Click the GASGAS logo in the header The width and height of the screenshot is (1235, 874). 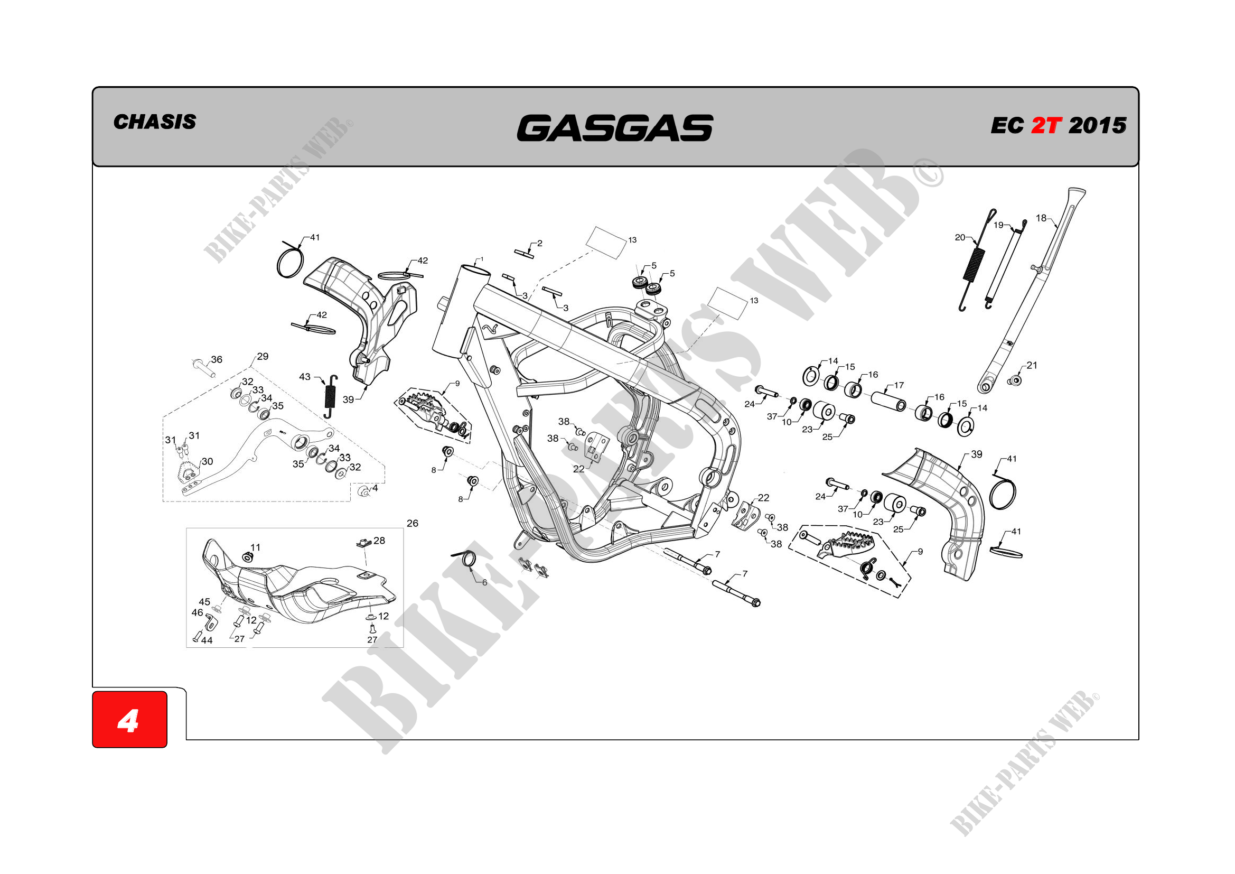pyautogui.click(x=615, y=128)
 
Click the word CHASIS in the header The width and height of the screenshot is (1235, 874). pyautogui.click(x=155, y=122)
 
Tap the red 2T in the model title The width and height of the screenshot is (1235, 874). pyautogui.click(x=1046, y=126)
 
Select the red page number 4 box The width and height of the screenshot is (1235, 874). pyautogui.click(x=129, y=720)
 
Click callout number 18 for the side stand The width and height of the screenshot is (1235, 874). pyautogui.click(x=1041, y=218)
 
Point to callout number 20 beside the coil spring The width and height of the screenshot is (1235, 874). pyautogui.click(x=960, y=237)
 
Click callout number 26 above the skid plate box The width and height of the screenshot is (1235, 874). pyautogui.click(x=413, y=523)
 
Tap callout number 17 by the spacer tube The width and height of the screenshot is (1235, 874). pyautogui.click(x=899, y=385)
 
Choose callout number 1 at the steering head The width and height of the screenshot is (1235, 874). pyautogui.click(x=481, y=259)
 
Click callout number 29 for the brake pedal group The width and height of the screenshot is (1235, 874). pyautogui.click(x=263, y=356)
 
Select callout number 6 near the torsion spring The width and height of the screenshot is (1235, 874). pyautogui.click(x=484, y=582)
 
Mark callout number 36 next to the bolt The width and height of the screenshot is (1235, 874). pyautogui.click(x=216, y=359)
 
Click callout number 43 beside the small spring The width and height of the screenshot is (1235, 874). pyautogui.click(x=304, y=377)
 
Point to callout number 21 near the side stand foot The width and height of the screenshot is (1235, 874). pyautogui.click(x=1032, y=366)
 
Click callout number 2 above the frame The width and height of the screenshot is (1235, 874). pyautogui.click(x=539, y=243)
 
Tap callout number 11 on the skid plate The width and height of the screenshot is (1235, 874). pyautogui.click(x=256, y=547)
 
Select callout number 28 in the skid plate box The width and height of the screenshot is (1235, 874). pyautogui.click(x=379, y=541)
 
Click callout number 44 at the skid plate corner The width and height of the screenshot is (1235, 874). pyautogui.click(x=207, y=640)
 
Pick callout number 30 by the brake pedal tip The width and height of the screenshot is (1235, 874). pyautogui.click(x=207, y=461)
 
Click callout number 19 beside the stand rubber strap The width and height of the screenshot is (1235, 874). pyautogui.click(x=998, y=225)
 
